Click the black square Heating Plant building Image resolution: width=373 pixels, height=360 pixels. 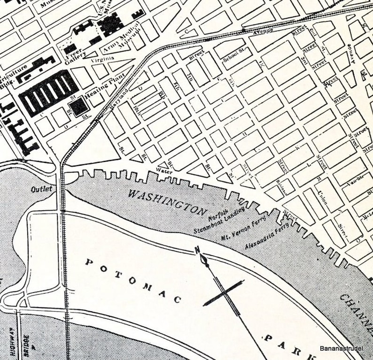(x=78, y=106)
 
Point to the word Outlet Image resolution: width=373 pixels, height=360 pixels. (x=42, y=190)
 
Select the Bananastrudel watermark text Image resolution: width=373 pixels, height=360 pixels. (x=345, y=348)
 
